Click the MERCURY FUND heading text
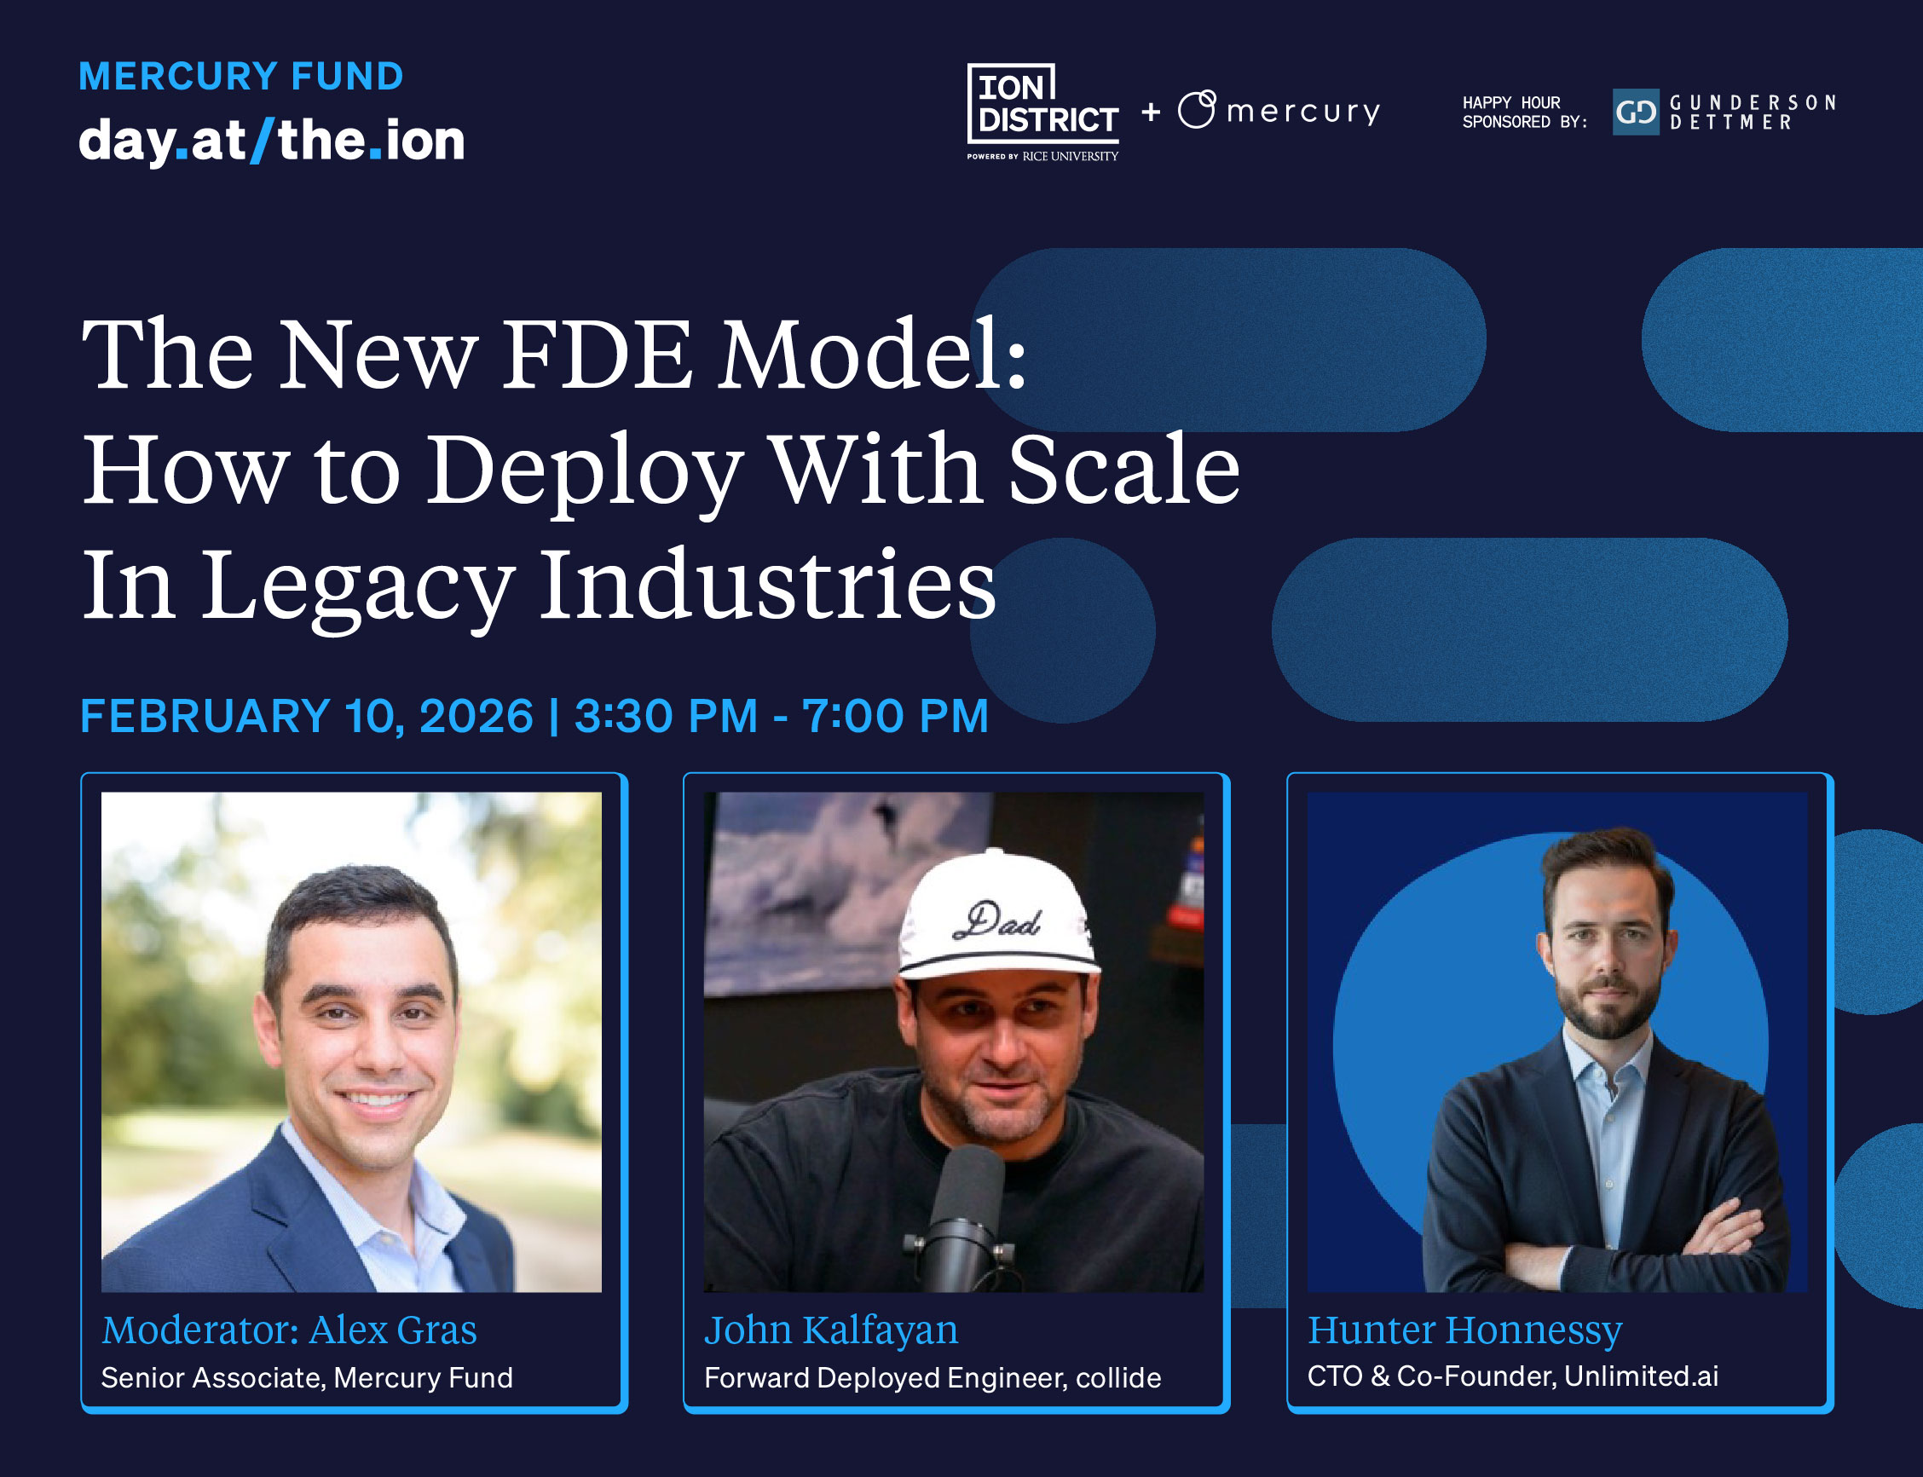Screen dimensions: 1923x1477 tap(241, 77)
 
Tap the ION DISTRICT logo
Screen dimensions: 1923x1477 tap(1042, 112)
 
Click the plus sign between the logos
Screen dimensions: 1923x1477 tap(1151, 112)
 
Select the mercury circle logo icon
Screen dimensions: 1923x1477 tap(1197, 109)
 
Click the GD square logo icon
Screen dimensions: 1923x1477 tap(1636, 112)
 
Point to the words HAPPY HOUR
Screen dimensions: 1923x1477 tap(1511, 103)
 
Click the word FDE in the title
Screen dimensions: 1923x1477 tap(597, 355)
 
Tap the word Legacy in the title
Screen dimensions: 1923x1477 tap(359, 587)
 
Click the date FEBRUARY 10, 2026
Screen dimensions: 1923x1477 tap(307, 716)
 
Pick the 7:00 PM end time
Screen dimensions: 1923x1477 tap(895, 716)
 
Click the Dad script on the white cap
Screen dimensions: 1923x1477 tap(998, 920)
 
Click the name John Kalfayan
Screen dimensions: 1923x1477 tap(831, 1330)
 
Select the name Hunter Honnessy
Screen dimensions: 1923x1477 tap(1465, 1330)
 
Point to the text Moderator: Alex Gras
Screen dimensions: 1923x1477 tap(289, 1330)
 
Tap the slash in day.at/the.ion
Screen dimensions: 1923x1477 tap(262, 141)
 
